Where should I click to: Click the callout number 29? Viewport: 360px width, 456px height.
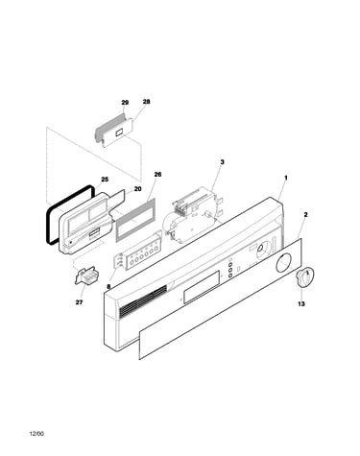click(x=125, y=103)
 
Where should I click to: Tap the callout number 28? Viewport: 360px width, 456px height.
click(x=146, y=102)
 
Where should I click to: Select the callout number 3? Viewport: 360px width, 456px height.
click(x=222, y=162)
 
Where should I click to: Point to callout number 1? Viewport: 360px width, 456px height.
click(x=286, y=178)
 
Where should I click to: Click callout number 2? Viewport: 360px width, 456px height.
click(x=305, y=215)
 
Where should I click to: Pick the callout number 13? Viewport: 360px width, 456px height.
click(x=301, y=303)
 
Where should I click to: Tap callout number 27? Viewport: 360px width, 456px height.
click(x=79, y=302)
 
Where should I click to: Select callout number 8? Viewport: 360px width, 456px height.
click(x=108, y=287)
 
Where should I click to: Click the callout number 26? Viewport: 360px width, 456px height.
click(x=157, y=175)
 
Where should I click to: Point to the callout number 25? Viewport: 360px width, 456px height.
click(x=105, y=180)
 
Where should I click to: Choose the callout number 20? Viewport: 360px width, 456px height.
click(x=137, y=189)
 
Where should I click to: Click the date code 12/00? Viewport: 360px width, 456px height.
click(x=36, y=434)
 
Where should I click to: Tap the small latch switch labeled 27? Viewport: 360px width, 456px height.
click(x=86, y=276)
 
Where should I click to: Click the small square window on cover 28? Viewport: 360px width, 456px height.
click(x=120, y=132)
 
